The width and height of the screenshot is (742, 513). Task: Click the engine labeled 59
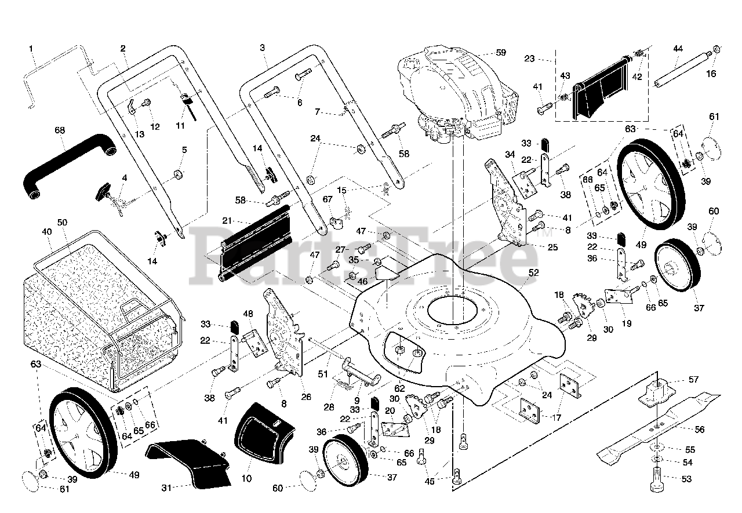[457, 94]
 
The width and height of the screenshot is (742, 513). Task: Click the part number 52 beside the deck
[534, 272]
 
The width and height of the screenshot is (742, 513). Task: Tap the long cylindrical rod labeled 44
[682, 69]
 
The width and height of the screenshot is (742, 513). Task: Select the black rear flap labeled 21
[255, 242]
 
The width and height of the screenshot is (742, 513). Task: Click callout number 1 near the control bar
[31, 49]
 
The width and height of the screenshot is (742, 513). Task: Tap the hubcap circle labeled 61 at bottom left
[31, 482]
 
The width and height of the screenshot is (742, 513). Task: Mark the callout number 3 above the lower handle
[263, 48]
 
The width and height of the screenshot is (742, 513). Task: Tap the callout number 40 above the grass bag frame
[47, 232]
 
